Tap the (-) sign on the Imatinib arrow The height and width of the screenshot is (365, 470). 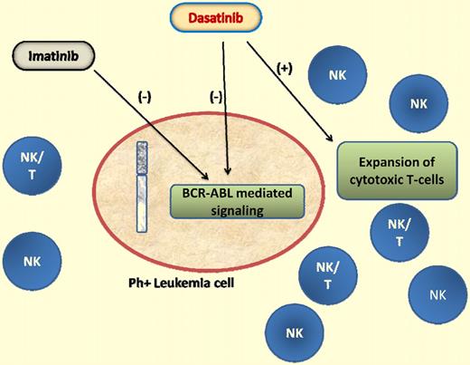click(144, 97)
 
